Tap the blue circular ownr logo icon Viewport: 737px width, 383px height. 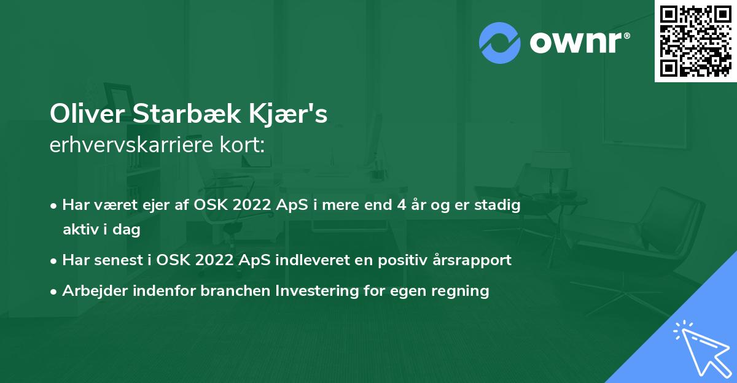click(500, 42)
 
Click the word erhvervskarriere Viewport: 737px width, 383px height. click(128, 146)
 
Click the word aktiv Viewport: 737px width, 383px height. click(82, 230)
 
